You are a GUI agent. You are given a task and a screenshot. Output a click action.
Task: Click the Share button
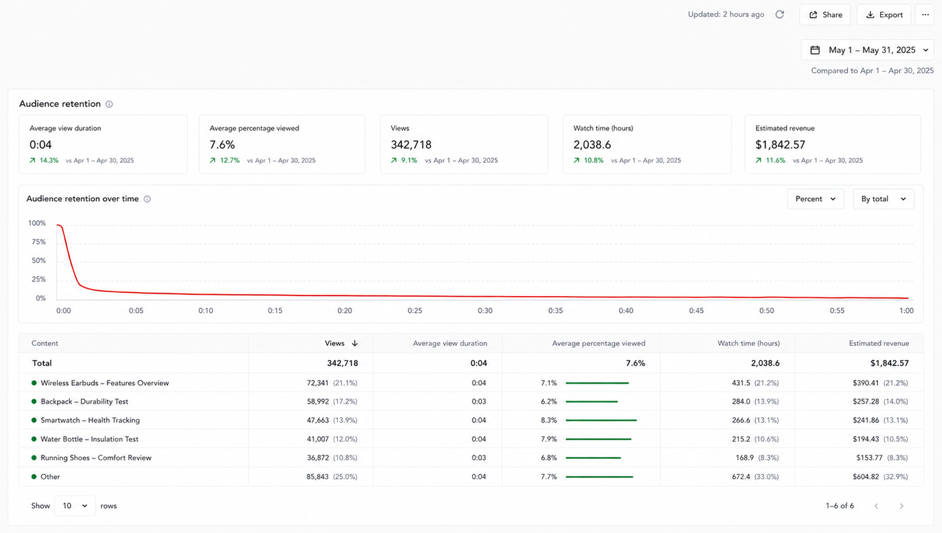click(825, 15)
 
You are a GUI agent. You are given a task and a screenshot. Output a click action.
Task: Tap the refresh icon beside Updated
click(780, 15)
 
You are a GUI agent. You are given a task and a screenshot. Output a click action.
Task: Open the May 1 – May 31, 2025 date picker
click(867, 50)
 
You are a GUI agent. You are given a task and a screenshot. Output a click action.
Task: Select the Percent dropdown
click(816, 199)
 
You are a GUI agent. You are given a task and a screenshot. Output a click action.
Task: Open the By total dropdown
click(883, 199)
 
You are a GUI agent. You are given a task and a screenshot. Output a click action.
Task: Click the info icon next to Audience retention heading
click(109, 104)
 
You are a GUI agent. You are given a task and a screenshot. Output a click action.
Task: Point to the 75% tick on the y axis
click(39, 242)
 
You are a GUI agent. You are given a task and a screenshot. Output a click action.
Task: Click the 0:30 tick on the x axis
click(485, 311)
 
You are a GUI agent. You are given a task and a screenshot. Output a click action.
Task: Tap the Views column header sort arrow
click(355, 343)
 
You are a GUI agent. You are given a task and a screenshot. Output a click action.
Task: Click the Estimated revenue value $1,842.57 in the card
click(780, 145)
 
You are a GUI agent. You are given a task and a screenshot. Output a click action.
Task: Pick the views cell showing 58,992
click(318, 402)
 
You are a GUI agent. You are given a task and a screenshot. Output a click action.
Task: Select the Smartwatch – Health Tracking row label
click(90, 420)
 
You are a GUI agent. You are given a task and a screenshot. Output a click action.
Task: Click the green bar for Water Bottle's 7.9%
click(598, 439)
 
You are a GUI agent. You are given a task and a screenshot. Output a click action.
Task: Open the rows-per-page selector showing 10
click(75, 506)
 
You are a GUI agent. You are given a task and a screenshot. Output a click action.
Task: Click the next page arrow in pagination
click(901, 506)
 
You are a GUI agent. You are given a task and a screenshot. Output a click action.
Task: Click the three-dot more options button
click(925, 15)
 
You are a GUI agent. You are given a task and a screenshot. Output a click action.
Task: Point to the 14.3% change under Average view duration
click(48, 160)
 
